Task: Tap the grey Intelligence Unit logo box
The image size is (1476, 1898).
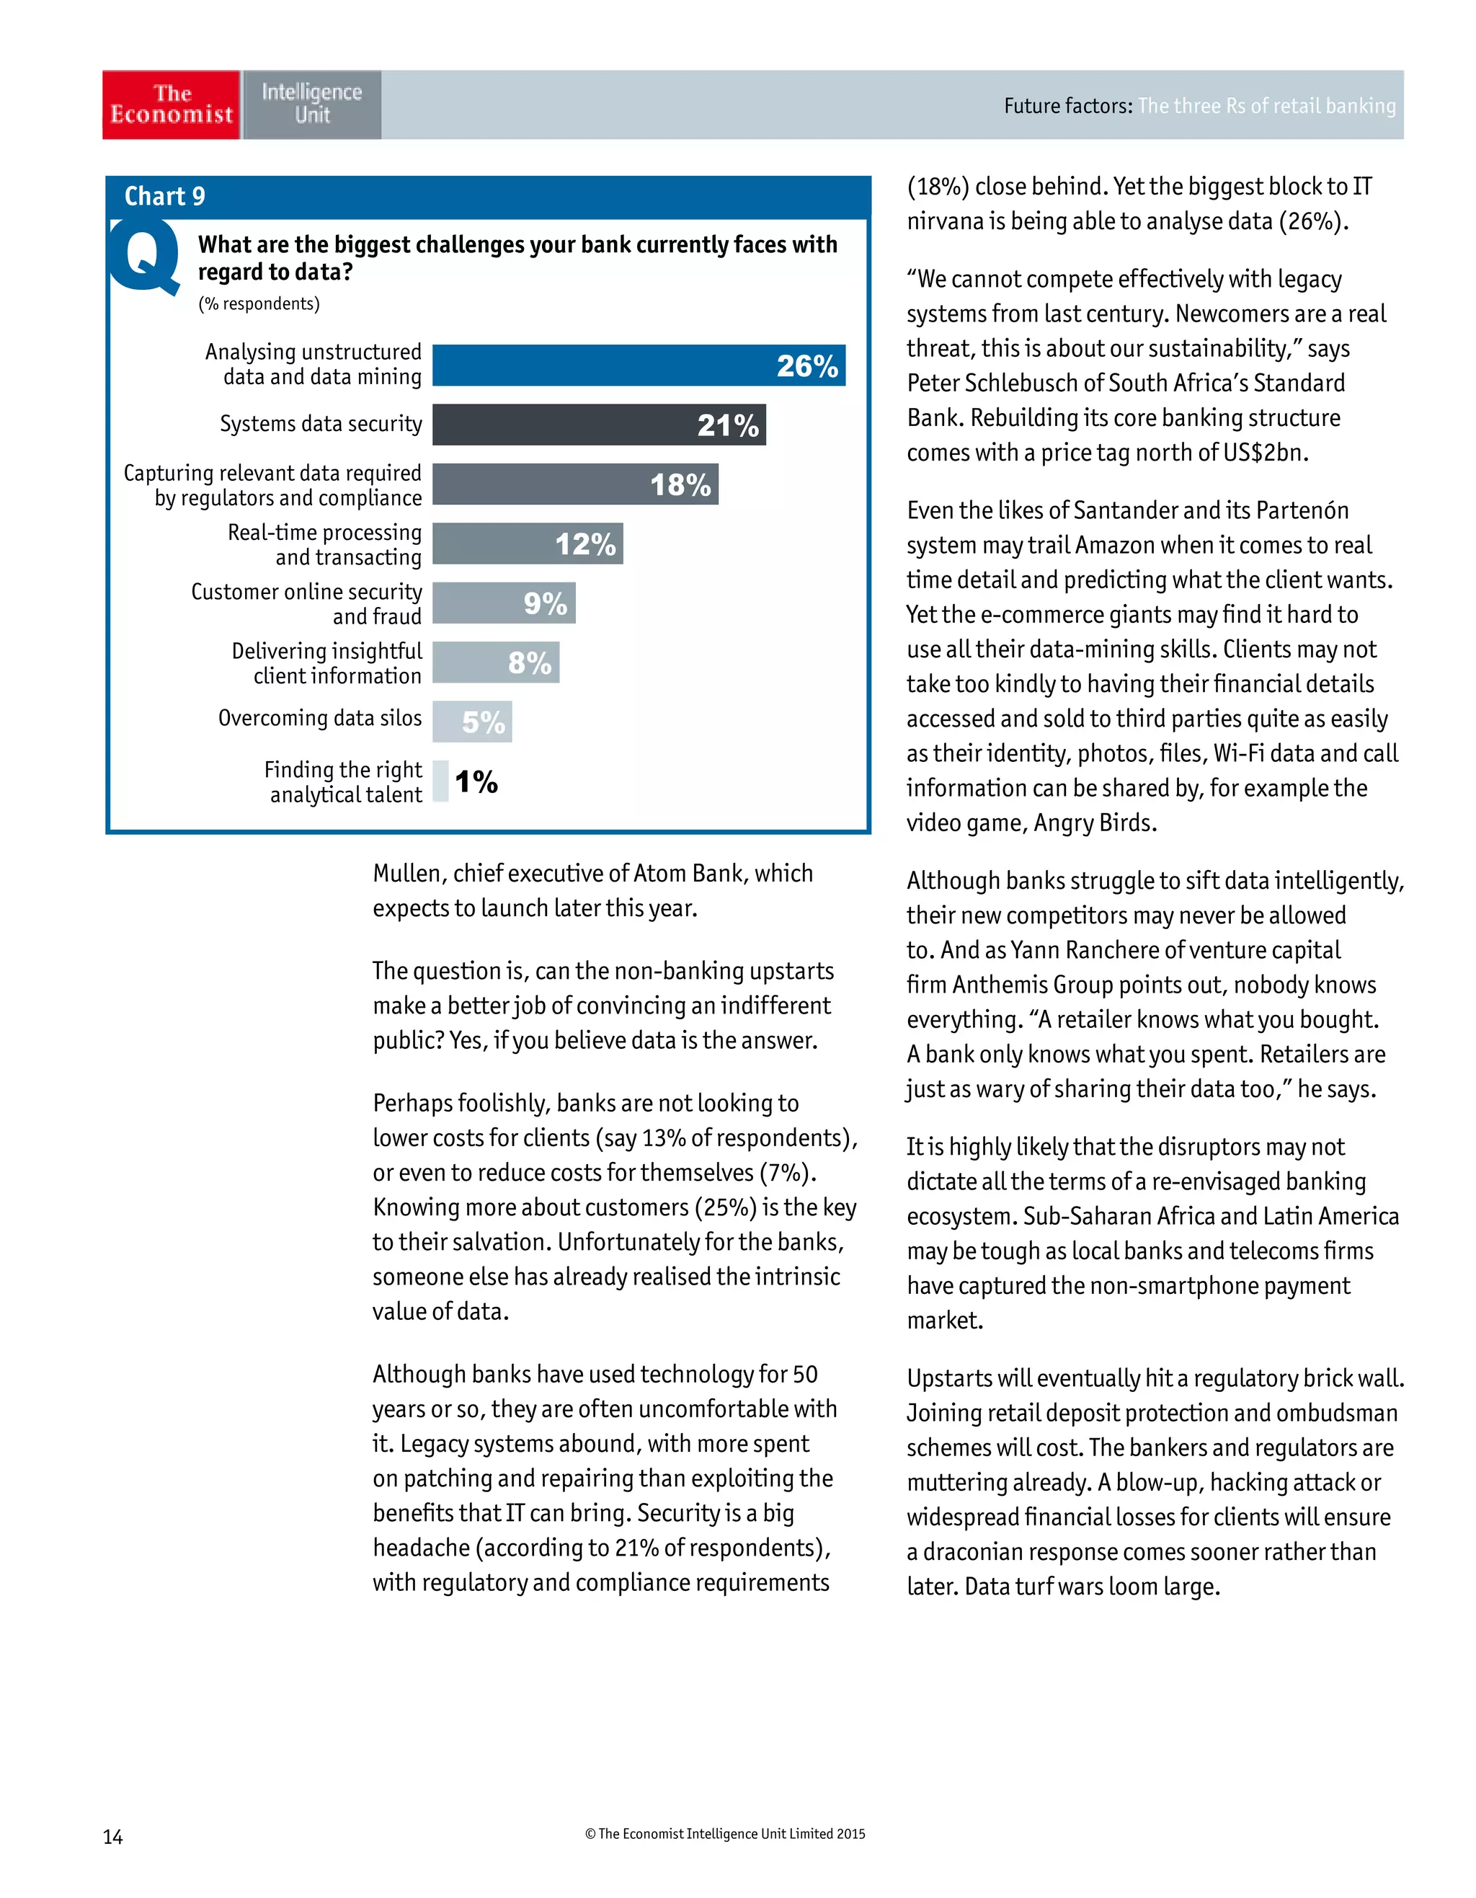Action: [311, 105]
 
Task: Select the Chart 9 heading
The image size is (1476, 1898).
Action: [164, 196]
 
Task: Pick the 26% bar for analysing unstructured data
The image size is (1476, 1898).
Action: [638, 365]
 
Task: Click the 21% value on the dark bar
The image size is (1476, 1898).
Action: [727, 425]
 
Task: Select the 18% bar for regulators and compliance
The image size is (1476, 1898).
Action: [574, 484]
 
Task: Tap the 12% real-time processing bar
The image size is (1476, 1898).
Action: [528, 544]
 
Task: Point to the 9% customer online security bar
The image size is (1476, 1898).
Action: [504, 603]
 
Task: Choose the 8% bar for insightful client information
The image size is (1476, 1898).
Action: [495, 662]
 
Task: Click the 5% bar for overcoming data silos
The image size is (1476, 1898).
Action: [472, 722]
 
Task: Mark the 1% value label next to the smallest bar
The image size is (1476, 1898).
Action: [476, 781]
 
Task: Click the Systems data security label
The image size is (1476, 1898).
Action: [321, 424]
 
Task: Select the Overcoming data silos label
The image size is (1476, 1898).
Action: [320, 718]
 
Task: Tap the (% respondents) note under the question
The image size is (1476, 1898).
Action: [259, 303]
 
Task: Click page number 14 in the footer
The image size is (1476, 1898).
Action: [113, 1836]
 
